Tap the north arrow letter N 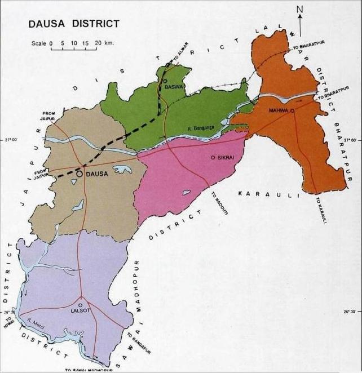[301, 8]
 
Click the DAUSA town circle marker [80, 174]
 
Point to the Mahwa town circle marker [292, 111]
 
